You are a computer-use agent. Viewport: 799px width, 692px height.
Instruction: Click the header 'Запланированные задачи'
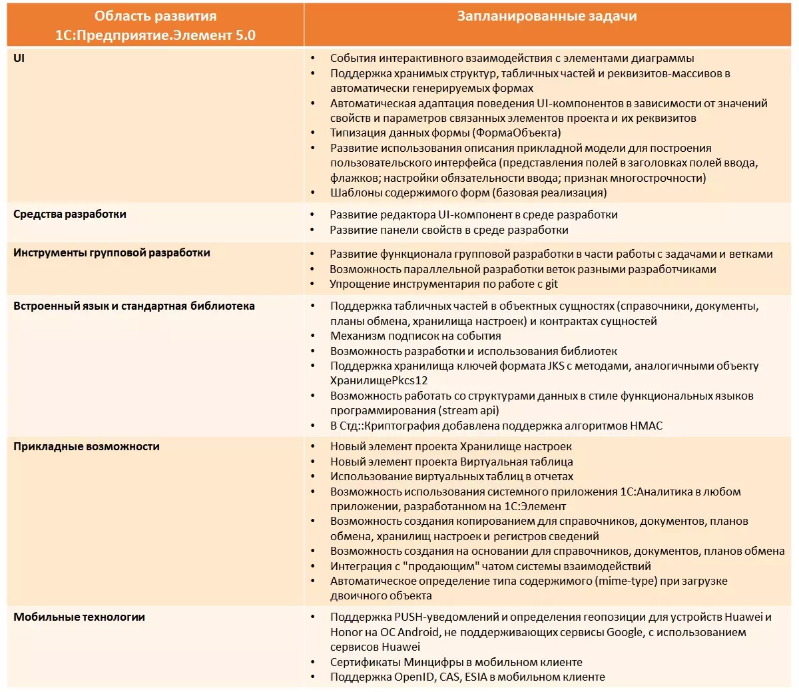click(x=547, y=17)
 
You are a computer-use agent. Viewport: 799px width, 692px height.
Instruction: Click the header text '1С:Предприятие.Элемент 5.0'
click(x=155, y=35)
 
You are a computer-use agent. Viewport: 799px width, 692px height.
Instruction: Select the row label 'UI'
click(x=19, y=58)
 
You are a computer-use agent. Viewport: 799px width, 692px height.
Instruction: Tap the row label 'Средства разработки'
click(x=70, y=214)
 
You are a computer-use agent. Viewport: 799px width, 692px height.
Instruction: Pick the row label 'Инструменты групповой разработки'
click(x=112, y=252)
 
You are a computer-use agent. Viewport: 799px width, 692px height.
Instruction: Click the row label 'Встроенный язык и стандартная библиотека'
click(x=134, y=306)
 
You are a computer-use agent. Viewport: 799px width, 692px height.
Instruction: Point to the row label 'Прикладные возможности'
click(x=87, y=446)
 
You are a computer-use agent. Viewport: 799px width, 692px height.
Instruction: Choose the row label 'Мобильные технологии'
click(x=79, y=617)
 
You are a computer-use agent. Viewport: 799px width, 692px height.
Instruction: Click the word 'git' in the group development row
click(x=551, y=284)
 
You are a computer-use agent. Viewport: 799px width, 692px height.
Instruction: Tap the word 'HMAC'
click(x=646, y=426)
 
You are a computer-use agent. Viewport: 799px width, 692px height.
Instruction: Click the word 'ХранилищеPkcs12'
click(x=379, y=381)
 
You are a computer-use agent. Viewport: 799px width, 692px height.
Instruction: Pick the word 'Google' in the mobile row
click(x=624, y=632)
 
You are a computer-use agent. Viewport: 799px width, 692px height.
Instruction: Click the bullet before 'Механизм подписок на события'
click(x=314, y=336)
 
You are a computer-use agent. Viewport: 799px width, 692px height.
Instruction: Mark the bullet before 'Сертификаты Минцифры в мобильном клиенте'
click(x=314, y=663)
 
